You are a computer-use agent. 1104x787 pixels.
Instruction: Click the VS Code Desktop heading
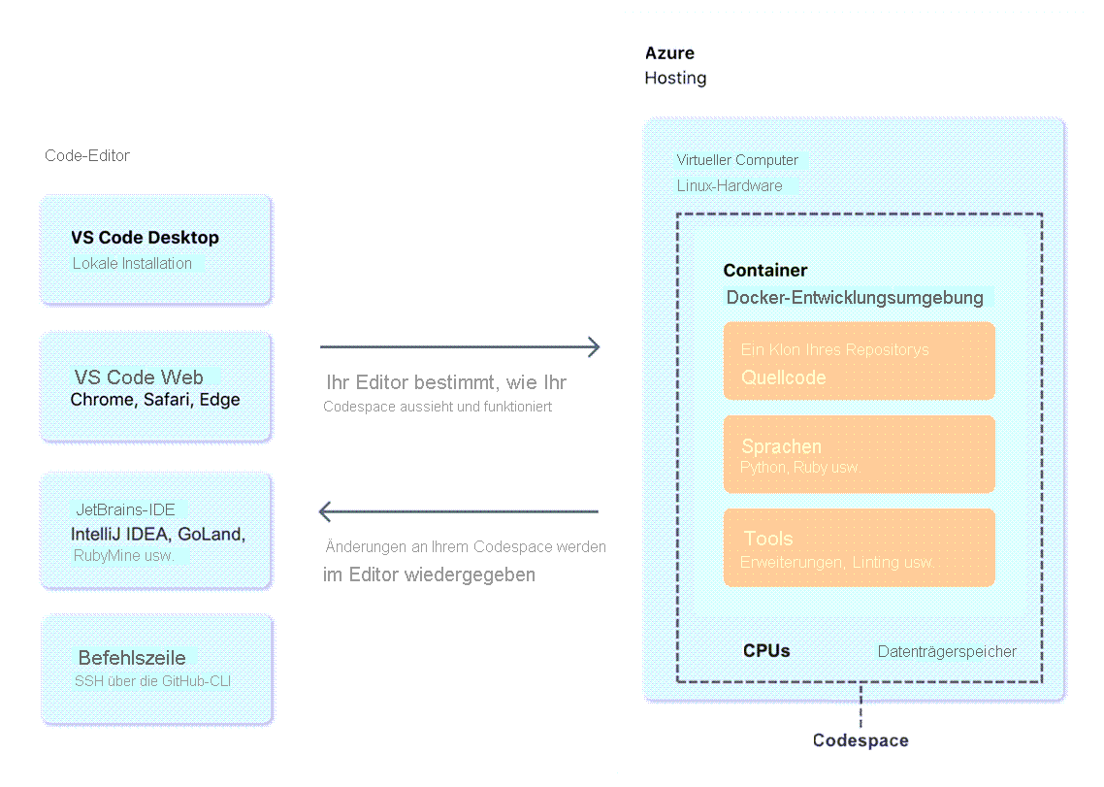(x=145, y=238)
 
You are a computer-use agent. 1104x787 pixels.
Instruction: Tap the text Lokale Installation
(x=132, y=263)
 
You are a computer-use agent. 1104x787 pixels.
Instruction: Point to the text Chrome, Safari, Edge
(x=155, y=400)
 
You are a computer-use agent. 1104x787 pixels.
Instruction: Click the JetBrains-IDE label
(x=125, y=509)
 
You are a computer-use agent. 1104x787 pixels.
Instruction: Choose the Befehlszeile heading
(x=132, y=658)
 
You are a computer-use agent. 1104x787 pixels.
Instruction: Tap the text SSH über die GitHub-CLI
(x=152, y=681)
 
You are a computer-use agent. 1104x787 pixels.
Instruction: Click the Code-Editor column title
(x=87, y=156)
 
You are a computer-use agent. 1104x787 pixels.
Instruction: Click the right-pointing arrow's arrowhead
(x=593, y=346)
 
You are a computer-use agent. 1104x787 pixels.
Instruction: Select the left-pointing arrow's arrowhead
(x=326, y=511)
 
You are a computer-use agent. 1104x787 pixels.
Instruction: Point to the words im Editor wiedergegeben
(x=429, y=574)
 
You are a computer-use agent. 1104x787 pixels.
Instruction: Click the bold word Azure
(x=669, y=53)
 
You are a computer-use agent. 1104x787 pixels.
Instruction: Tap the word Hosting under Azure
(x=675, y=78)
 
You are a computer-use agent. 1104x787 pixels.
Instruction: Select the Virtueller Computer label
(x=737, y=160)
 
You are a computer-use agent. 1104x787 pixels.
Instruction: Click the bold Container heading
(x=764, y=271)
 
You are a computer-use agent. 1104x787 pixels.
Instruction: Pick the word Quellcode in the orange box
(x=784, y=377)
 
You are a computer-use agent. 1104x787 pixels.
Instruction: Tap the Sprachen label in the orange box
(x=781, y=446)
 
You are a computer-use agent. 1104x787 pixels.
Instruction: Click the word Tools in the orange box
(x=768, y=539)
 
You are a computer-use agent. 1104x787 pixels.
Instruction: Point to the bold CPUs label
(x=766, y=650)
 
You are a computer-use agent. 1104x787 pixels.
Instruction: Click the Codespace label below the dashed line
(x=860, y=740)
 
